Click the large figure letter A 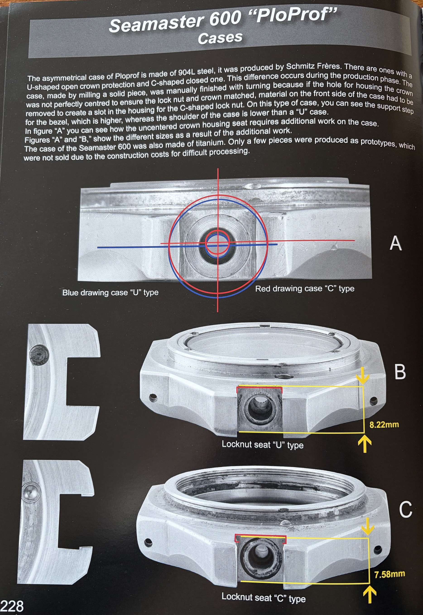point(396,243)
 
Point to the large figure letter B point(400,372)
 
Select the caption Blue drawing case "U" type point(110,292)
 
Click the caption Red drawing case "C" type point(305,288)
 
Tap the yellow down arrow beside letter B point(363,375)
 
